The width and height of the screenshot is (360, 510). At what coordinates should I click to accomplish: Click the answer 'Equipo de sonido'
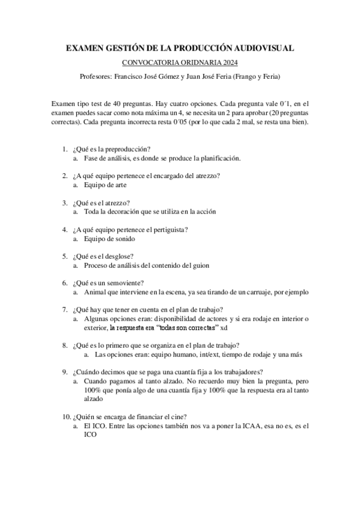click(108, 239)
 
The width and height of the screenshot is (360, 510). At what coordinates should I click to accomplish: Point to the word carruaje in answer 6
click(258, 293)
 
